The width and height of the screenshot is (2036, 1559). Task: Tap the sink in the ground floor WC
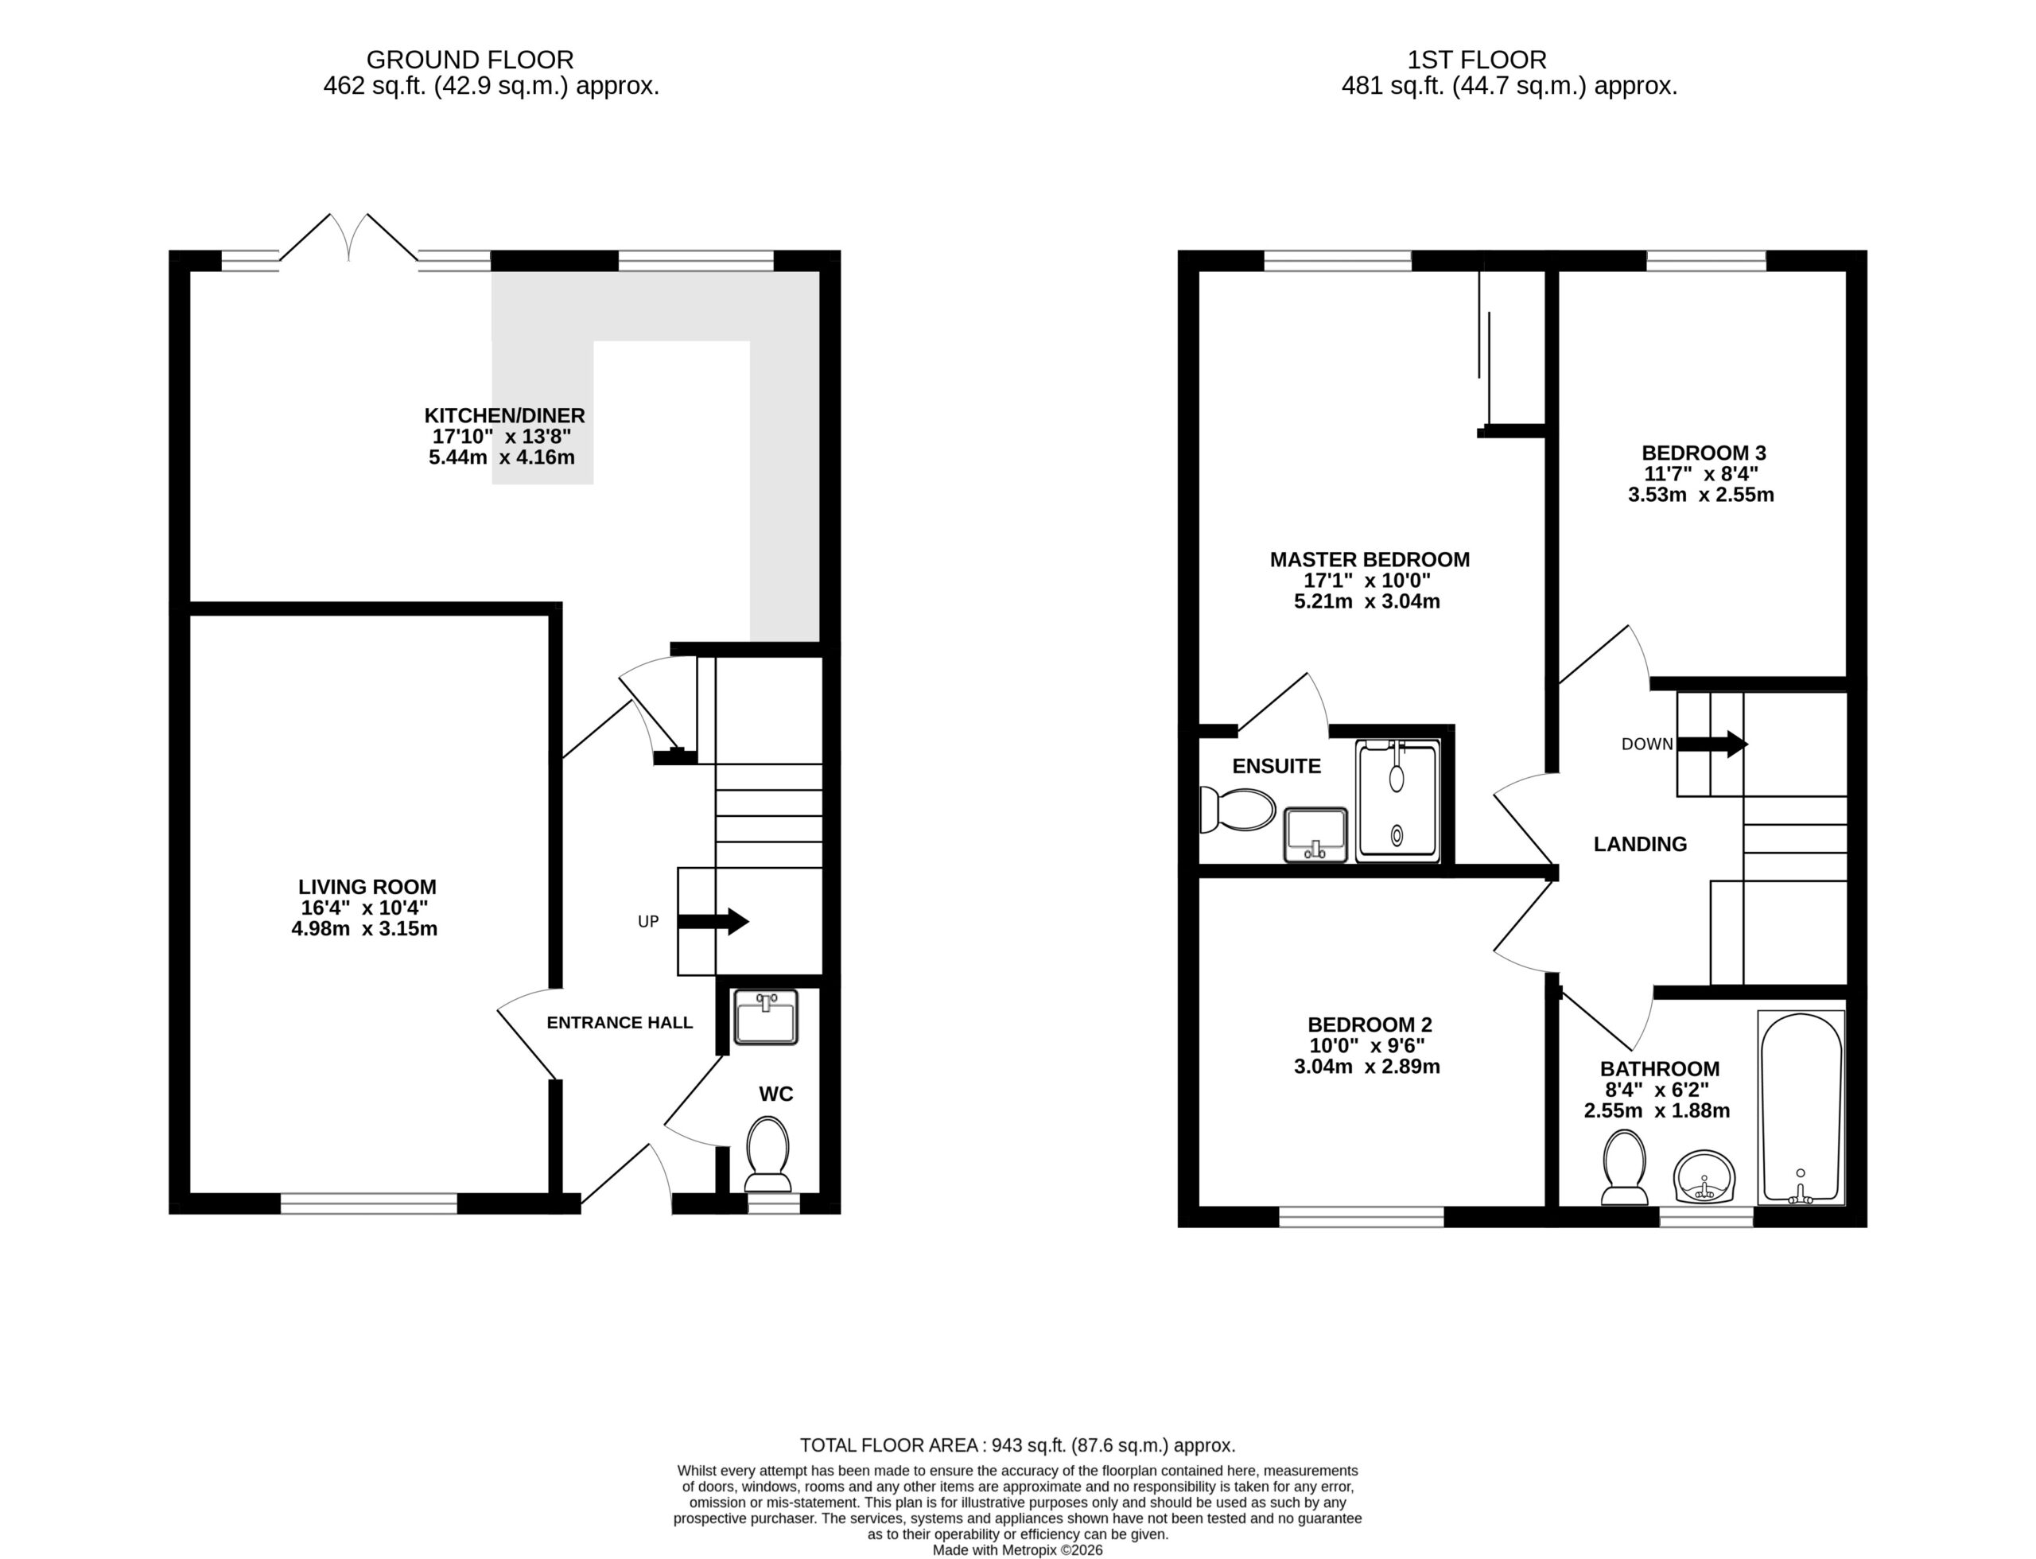point(766,1017)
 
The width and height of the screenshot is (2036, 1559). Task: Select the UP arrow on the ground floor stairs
point(713,921)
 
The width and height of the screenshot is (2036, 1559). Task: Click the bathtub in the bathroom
point(1801,1108)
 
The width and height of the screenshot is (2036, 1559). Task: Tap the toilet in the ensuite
point(1237,810)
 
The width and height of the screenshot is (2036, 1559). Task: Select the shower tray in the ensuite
point(1397,801)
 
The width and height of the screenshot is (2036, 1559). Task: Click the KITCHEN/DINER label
point(505,416)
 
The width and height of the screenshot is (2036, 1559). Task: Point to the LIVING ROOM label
point(367,887)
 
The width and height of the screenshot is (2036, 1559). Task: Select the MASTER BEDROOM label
point(1370,560)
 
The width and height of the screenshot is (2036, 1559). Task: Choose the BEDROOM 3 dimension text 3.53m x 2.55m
point(1701,495)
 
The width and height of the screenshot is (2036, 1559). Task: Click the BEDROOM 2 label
point(1370,1024)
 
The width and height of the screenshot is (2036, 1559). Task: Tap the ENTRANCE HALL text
point(620,1023)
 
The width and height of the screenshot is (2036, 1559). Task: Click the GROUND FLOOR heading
point(471,60)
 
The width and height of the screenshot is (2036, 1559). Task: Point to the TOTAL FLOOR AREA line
point(1018,1444)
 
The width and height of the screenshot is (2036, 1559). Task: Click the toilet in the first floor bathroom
point(1625,1166)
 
